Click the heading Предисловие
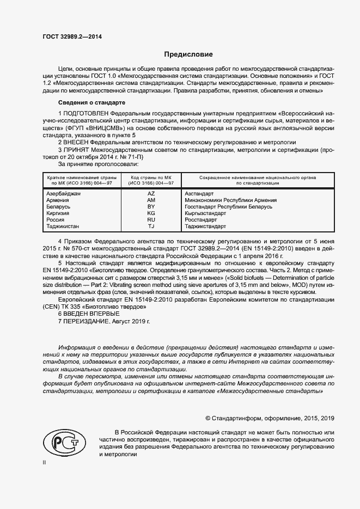188,54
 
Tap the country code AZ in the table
151,193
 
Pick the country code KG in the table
151,213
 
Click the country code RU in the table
151,220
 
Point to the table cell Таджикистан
63,226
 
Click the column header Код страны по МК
151,178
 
